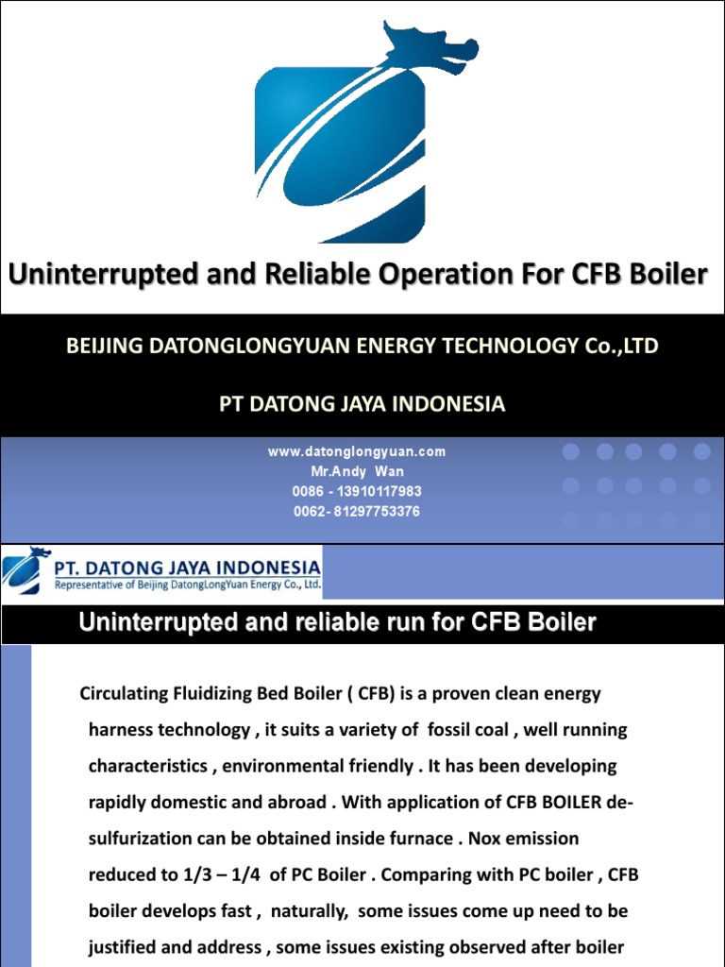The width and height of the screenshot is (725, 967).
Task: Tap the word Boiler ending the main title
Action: pyautogui.click(x=669, y=275)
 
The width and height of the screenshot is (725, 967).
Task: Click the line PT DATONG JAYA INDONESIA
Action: pyautogui.click(x=362, y=404)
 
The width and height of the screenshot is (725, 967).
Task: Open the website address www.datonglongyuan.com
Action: pyautogui.click(x=357, y=452)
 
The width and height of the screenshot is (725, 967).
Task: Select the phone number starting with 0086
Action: pyautogui.click(x=357, y=491)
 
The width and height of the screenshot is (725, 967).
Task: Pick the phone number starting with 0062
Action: pyautogui.click(x=357, y=511)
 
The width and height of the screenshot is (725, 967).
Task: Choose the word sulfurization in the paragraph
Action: pyautogui.click(x=142, y=839)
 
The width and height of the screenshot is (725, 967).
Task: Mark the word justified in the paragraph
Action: pyautogui.click(x=120, y=946)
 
